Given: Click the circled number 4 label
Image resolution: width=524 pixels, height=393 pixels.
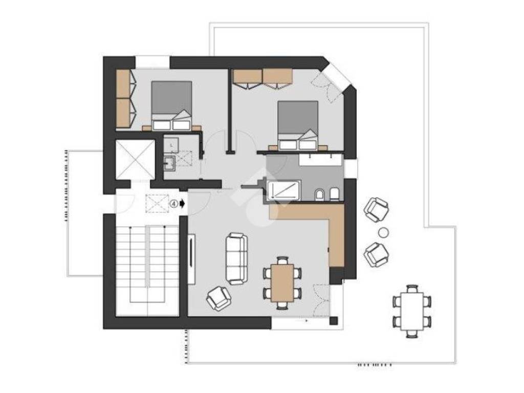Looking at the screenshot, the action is pos(174,204).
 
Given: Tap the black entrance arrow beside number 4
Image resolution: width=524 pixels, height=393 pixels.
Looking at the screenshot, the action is pos(182,204).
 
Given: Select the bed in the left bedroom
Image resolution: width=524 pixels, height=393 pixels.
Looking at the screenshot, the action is pos(172,105).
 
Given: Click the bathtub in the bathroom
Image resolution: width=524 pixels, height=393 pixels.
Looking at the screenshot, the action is pos(283,190).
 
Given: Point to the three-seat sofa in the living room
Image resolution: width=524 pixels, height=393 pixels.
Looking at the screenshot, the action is pos(236,258).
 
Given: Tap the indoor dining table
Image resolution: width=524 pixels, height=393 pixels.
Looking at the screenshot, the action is pos(282,282).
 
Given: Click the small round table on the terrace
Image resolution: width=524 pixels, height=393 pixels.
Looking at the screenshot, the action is pos(383,232).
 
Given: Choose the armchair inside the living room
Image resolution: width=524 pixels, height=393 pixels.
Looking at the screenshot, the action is pos(219,298).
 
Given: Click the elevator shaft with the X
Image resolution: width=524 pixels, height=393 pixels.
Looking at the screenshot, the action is pos(135,160).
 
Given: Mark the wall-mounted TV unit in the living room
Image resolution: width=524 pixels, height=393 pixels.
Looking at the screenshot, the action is pos(191,258).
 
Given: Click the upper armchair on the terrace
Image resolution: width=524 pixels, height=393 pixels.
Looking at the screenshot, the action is pos(376,209).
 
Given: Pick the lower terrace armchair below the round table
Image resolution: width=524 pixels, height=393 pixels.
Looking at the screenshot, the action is pos(377,254).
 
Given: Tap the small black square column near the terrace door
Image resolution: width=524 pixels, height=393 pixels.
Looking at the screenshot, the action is pos(334,320).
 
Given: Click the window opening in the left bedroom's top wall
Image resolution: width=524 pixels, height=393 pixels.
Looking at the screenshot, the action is pos(152,62).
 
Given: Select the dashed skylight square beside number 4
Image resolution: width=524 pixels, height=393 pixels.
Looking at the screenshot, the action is pos(157,204).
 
